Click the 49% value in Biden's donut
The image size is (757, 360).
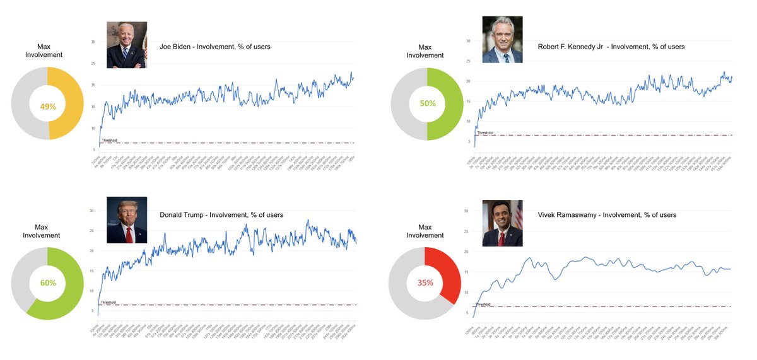click(x=48, y=107)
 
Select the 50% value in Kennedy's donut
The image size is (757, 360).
click(x=428, y=103)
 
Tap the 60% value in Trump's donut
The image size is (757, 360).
click(x=48, y=284)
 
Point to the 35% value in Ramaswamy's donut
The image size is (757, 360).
click(x=425, y=283)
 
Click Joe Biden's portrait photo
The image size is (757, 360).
click(x=127, y=45)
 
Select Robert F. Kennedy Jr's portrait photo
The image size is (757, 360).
click(x=502, y=40)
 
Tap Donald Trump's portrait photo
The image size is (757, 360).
click(x=127, y=220)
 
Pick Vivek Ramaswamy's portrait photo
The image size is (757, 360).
click(x=502, y=223)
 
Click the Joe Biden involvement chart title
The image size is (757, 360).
click(x=215, y=47)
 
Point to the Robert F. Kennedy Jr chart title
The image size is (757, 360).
click(x=611, y=47)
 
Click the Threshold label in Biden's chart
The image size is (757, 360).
click(x=110, y=140)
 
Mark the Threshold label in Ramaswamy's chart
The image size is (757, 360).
click(x=483, y=304)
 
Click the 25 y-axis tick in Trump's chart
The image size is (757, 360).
click(x=92, y=231)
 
